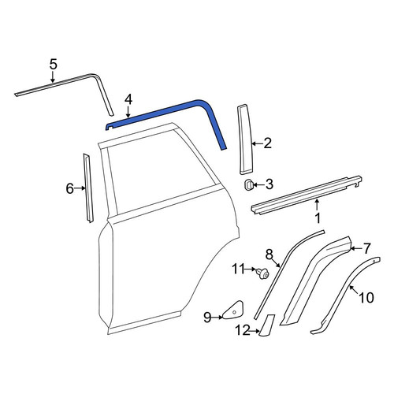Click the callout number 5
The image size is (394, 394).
click(53, 65)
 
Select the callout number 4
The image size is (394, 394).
click(128, 100)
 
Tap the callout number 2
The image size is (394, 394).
click(267, 143)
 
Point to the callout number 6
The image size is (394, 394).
click(69, 188)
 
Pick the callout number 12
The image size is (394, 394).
click(243, 330)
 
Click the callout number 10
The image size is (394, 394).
click(366, 298)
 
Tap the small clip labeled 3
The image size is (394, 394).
click(248, 185)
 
